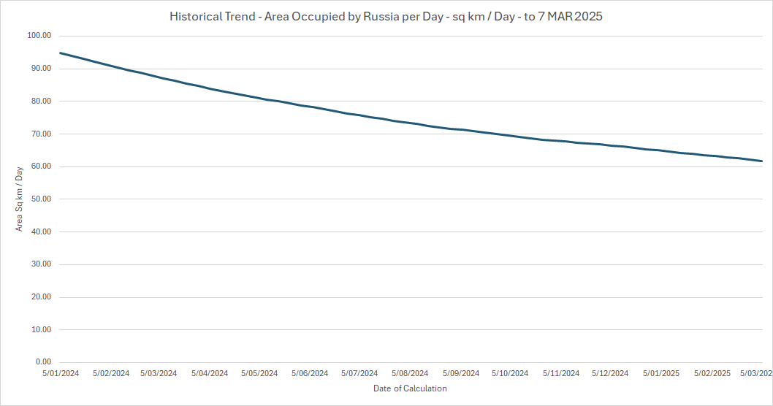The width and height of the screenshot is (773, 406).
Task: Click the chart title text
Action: [386, 16]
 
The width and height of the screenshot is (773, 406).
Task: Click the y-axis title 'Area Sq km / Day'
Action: [20, 199]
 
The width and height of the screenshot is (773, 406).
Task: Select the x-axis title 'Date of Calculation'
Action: [409, 388]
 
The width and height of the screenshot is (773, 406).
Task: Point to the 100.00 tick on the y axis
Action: [39, 36]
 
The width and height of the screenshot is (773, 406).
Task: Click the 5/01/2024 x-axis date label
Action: [61, 373]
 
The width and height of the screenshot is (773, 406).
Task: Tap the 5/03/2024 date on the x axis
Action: [159, 373]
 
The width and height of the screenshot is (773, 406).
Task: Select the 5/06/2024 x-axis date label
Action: [310, 373]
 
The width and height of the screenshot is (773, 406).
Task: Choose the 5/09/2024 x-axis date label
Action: [461, 373]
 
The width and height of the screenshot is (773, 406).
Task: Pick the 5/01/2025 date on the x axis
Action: [661, 373]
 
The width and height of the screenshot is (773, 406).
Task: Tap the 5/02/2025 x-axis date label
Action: [712, 373]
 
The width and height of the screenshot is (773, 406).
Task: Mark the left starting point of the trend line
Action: [61, 53]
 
